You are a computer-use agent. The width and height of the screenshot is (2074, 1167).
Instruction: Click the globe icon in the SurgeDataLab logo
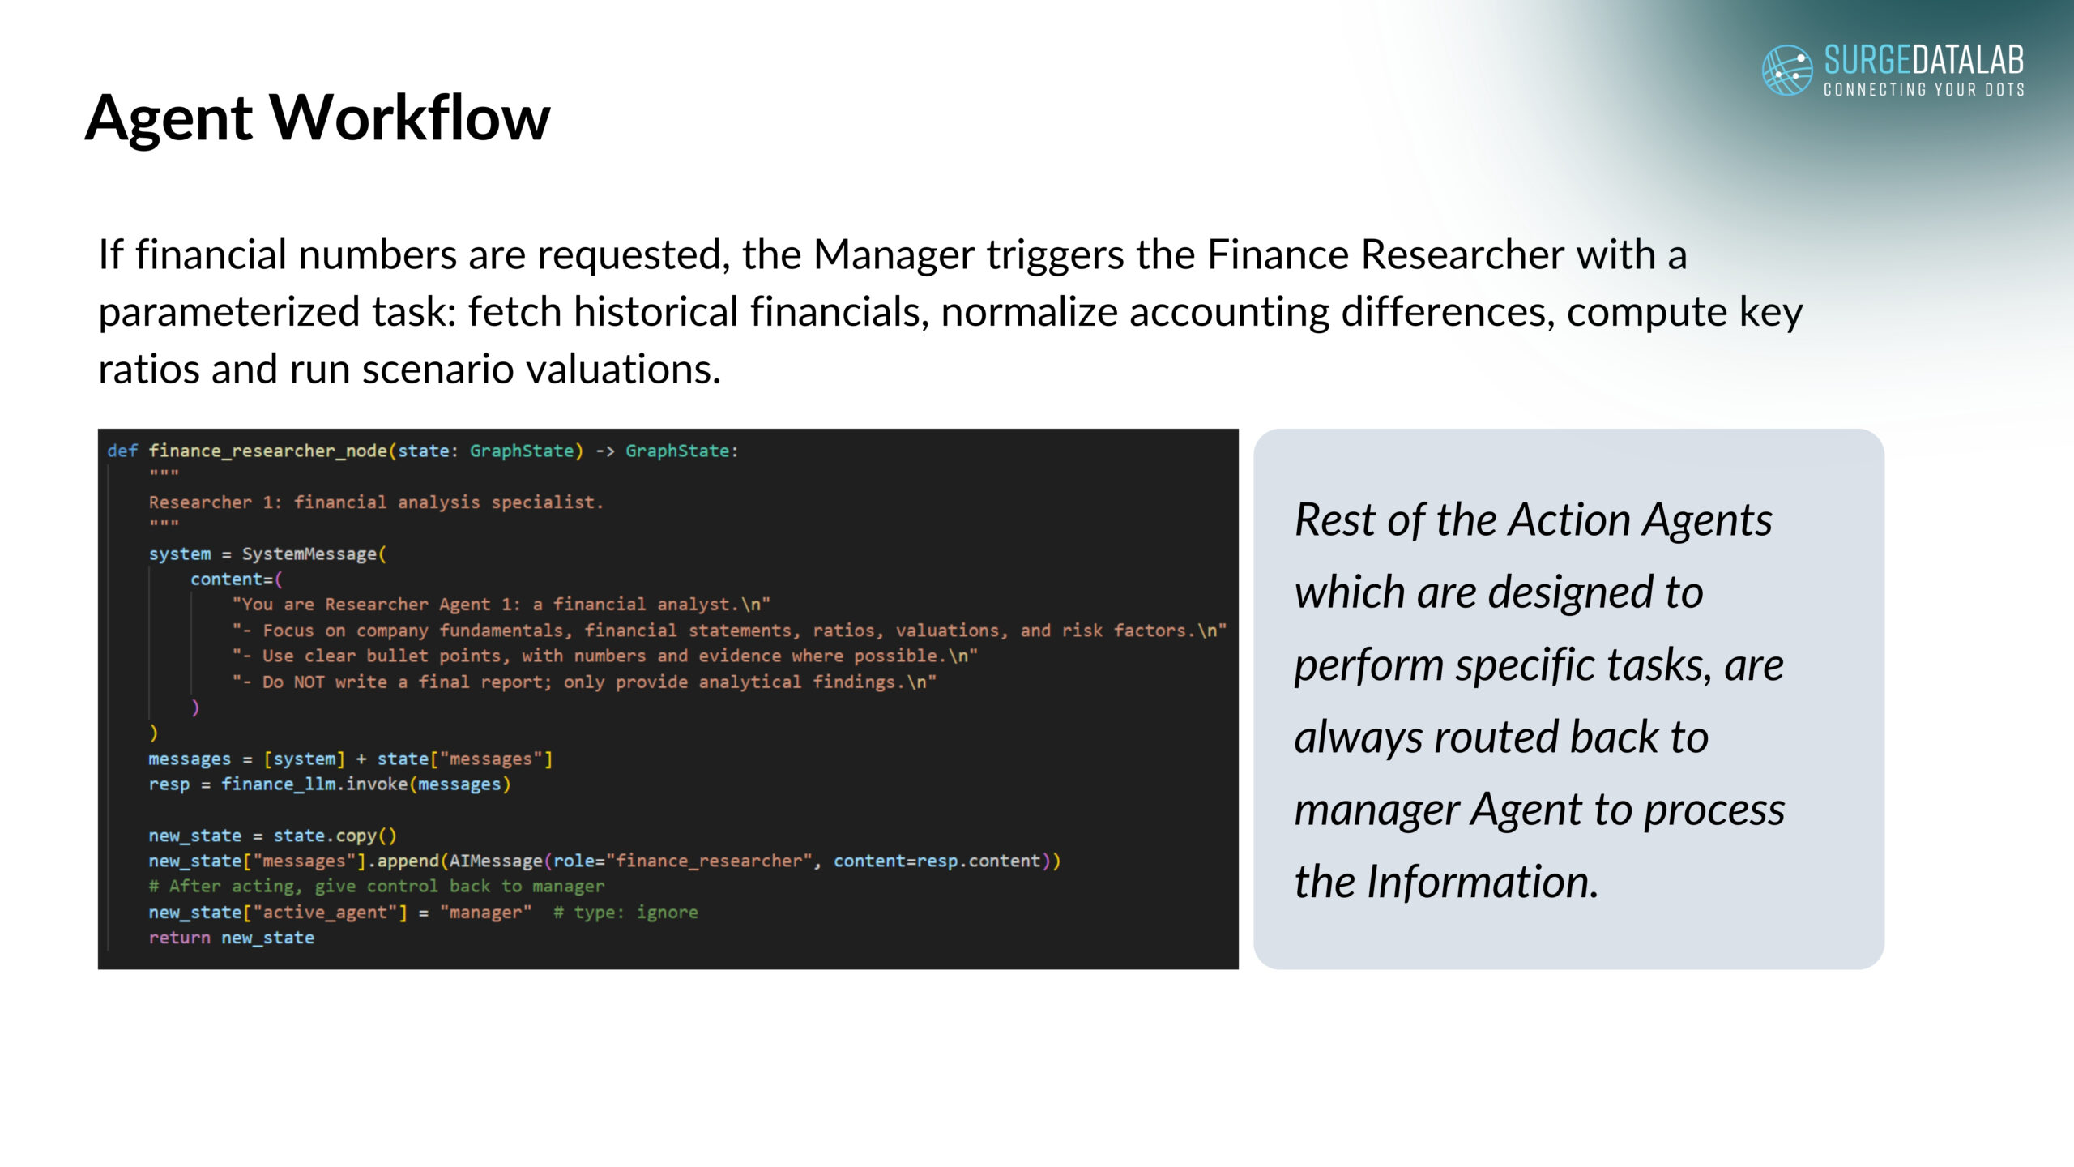[x=1787, y=70]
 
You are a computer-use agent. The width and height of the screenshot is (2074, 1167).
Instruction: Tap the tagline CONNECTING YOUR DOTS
[x=1923, y=89]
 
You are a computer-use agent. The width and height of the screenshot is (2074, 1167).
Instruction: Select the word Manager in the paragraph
[x=894, y=254]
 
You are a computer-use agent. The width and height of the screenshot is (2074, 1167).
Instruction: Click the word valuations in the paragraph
[x=622, y=370]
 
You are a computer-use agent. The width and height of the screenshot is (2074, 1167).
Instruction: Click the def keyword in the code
[x=122, y=451]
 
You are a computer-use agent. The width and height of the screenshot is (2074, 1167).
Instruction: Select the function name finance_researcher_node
[x=267, y=451]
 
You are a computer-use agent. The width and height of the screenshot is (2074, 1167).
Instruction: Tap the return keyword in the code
[x=179, y=938]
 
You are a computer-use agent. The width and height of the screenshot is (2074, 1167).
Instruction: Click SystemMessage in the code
[x=309, y=554]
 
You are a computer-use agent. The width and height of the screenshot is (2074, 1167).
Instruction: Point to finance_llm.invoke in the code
[x=314, y=784]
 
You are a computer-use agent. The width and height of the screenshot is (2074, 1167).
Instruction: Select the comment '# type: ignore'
[x=625, y=913]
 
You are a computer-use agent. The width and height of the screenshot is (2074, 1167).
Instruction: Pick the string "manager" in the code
[x=485, y=913]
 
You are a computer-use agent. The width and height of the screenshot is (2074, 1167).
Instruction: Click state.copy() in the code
[x=335, y=836]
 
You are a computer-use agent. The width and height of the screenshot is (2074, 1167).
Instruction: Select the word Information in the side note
[x=1483, y=882]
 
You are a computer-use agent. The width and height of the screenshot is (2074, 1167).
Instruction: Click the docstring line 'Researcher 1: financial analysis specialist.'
[x=376, y=502]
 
